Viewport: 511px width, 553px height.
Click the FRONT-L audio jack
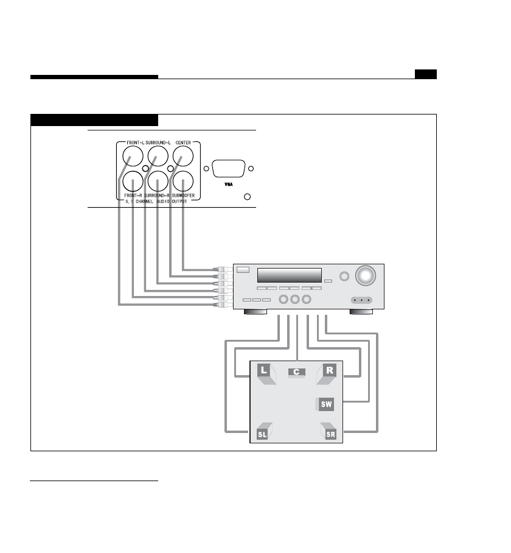[x=133, y=158]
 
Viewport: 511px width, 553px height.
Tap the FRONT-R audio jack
[x=133, y=181]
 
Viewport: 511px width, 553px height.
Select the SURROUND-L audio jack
[x=158, y=158]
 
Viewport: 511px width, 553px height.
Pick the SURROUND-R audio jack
[x=158, y=181]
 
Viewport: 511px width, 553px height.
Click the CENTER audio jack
[x=183, y=158]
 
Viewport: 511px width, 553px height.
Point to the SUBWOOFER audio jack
[x=183, y=181]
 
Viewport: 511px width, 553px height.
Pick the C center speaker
[x=296, y=372]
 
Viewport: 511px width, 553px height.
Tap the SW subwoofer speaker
[x=327, y=404]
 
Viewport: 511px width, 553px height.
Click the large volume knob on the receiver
[x=366, y=276]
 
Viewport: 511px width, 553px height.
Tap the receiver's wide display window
[x=289, y=275]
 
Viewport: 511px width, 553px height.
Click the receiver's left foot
[x=255, y=312]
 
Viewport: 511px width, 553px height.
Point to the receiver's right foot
[x=363, y=312]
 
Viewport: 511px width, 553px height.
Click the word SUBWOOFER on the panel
[x=183, y=195]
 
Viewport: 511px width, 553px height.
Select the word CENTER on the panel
[x=183, y=143]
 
